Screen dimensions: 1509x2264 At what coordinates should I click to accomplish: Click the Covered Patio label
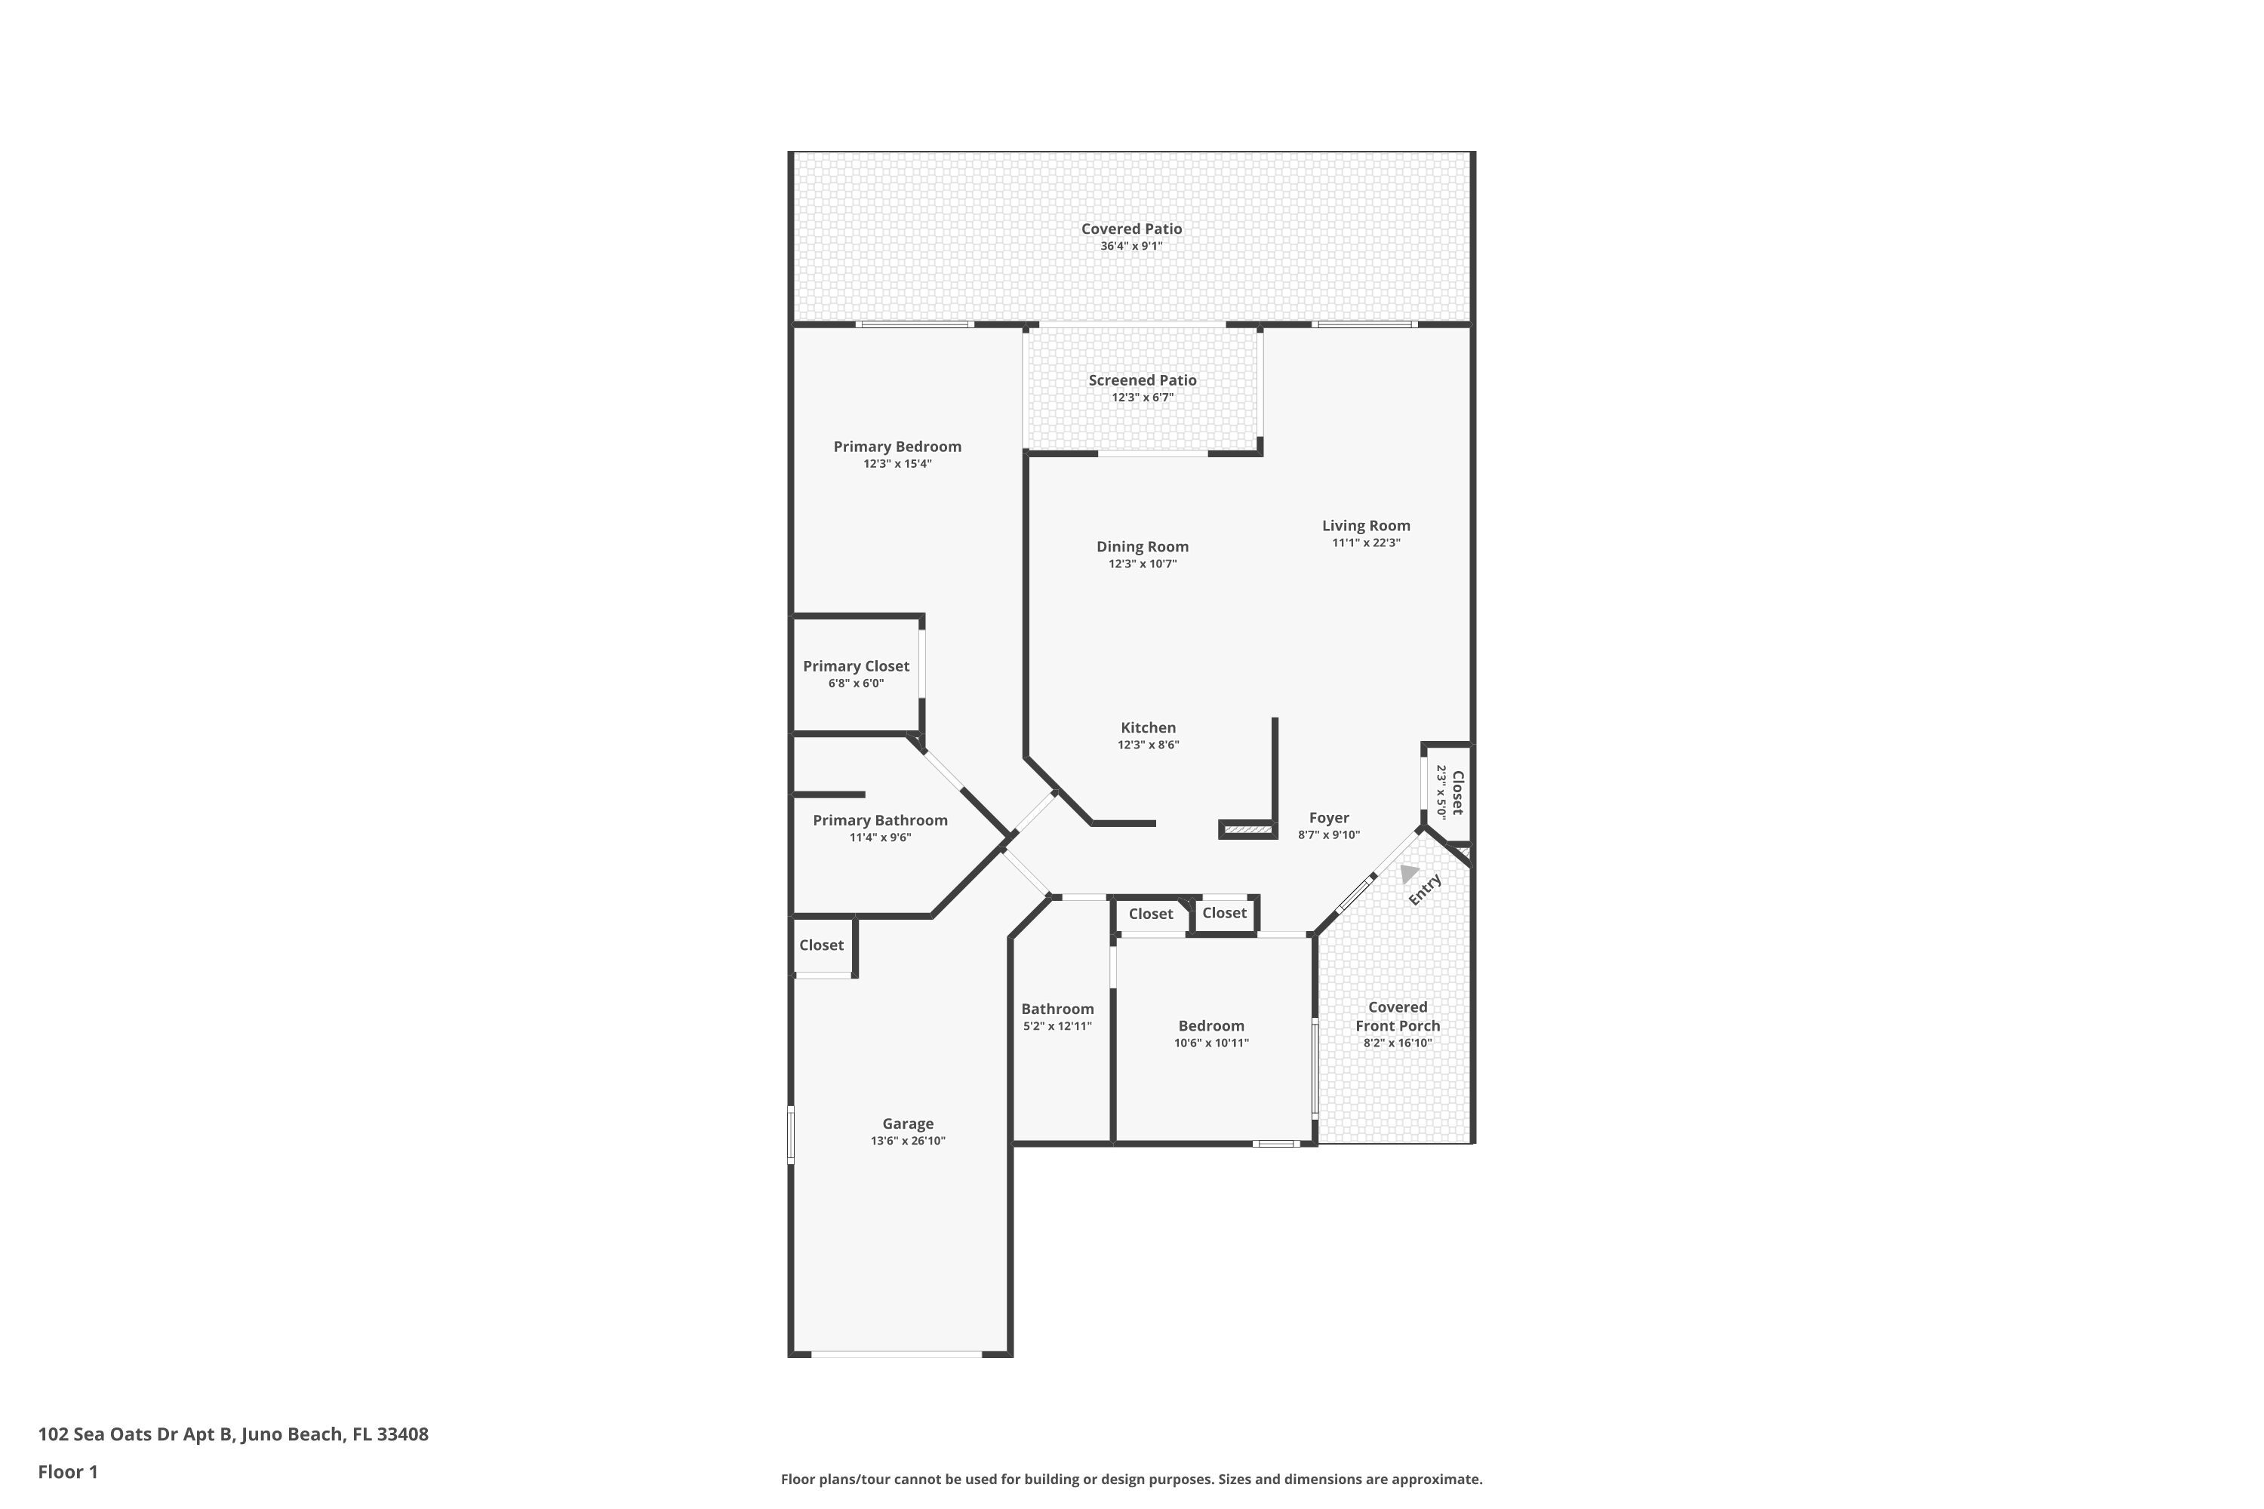tap(1131, 229)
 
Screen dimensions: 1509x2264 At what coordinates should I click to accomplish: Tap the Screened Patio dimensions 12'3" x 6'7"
tap(1143, 398)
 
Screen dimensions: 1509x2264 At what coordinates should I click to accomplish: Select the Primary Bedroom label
tap(897, 447)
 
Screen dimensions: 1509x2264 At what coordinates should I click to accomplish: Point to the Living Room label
tap(1366, 525)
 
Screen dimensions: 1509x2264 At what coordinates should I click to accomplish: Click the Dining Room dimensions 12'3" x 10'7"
tap(1143, 564)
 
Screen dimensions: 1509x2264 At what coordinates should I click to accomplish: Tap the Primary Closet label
tap(856, 666)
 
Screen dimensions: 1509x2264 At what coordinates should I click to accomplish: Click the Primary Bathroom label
tap(880, 820)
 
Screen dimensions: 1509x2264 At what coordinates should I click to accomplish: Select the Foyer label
tap(1328, 818)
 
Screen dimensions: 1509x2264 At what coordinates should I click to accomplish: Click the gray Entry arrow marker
tap(1408, 873)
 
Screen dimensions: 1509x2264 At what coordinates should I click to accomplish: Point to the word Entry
tap(1426, 890)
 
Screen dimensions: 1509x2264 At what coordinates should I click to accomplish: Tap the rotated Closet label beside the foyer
tap(1457, 792)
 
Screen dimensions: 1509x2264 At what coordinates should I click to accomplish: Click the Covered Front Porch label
tap(1398, 1016)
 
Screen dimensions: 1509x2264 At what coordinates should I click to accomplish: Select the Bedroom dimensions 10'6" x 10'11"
tap(1211, 1043)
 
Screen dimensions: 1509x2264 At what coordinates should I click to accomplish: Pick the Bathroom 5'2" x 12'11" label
tap(1057, 1009)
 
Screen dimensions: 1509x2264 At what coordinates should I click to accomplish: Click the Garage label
tap(908, 1123)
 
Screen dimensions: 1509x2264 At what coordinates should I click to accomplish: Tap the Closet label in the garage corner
tap(821, 945)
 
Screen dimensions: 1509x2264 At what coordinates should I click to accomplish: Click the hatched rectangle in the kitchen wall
tap(1248, 829)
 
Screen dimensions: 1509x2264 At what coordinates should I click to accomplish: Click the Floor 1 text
tap(67, 1471)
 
